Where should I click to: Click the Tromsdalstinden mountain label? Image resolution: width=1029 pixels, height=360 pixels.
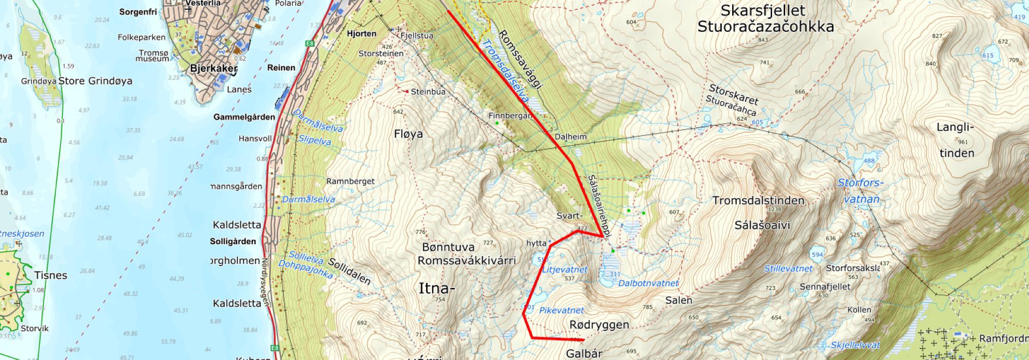coord(758,201)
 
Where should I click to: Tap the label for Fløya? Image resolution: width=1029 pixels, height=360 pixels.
coord(408,134)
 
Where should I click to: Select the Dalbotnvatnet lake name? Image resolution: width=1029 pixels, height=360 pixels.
coord(648,283)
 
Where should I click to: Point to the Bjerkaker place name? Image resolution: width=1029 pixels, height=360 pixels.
coord(214,68)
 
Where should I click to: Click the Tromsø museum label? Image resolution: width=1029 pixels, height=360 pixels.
coord(152,56)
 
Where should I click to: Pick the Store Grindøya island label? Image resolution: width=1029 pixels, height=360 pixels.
coord(95,81)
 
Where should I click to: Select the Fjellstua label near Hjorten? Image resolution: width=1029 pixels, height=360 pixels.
coord(417,36)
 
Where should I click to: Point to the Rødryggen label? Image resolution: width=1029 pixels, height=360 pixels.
coord(599,325)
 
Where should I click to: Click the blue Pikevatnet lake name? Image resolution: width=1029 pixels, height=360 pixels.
coord(561,311)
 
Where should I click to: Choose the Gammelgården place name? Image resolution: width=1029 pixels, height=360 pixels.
coord(244,117)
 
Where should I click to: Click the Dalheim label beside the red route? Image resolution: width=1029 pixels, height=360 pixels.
coord(571,137)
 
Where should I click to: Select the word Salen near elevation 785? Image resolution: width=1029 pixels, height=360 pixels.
coord(678,300)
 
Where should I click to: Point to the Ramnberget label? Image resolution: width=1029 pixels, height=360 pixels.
coord(350,182)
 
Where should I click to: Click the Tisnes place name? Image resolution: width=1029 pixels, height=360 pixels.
coord(50,275)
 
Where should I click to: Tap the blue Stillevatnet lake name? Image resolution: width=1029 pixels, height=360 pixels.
coord(788,268)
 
